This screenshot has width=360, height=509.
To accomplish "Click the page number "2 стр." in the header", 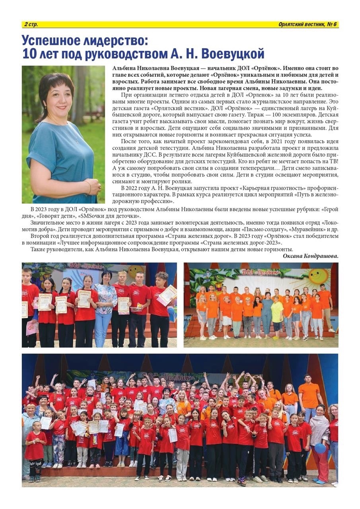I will tap(31, 25).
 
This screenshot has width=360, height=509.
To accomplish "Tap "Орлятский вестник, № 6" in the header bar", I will tap(308, 25).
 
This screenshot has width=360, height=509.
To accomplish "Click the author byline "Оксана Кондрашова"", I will tap(310, 256).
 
